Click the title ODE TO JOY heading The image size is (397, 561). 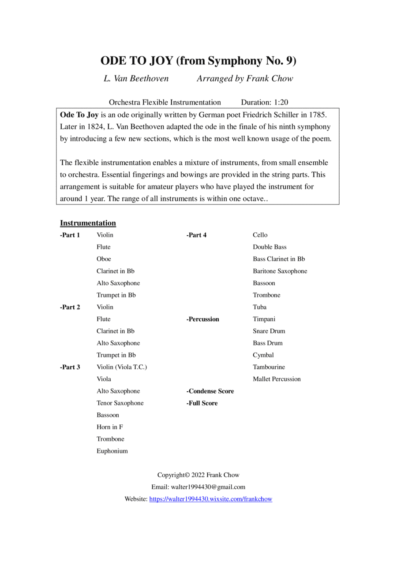point(198,60)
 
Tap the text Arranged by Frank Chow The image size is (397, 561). point(244,79)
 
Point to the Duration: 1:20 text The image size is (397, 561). point(264,102)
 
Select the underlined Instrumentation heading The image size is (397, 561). point(88,223)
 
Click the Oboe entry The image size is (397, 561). point(104,259)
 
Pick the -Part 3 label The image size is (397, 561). point(70,367)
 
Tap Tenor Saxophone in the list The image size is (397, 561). point(120,403)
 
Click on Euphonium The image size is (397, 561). point(112,451)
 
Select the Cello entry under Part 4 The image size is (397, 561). point(260,235)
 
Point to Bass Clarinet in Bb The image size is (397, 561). point(278,259)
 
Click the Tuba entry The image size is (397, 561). point(259,307)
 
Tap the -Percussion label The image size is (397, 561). point(203,319)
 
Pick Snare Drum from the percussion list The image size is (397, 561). point(269,331)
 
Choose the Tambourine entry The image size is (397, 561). point(269,367)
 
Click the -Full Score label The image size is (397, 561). point(202,403)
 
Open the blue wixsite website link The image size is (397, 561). point(211,499)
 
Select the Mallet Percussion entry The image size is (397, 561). point(277,379)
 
